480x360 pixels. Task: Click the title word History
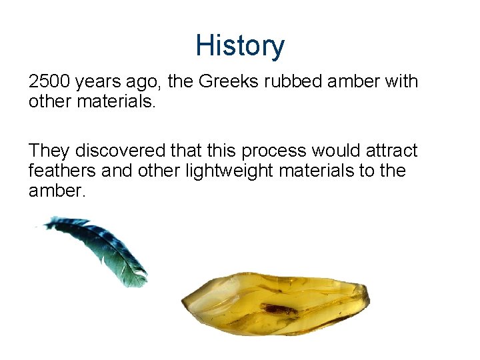[x=240, y=46]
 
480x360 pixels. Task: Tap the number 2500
[x=49, y=82]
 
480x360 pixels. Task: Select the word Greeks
[x=226, y=82]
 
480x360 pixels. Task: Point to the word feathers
[x=62, y=171]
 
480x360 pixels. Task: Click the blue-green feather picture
[x=100, y=250]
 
